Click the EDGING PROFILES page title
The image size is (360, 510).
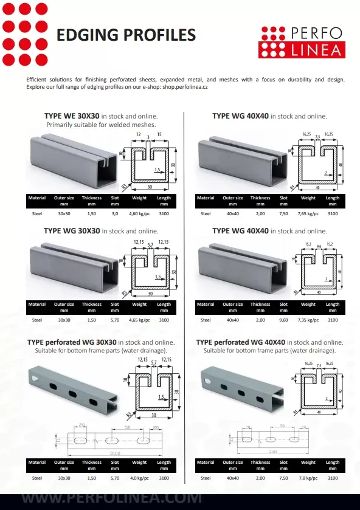point(126,35)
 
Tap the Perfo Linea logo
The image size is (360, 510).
point(300,41)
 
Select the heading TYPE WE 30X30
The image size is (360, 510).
point(72,115)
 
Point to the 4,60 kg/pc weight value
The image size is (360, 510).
point(139,214)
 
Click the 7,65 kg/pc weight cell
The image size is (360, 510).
point(308,214)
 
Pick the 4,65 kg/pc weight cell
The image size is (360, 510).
point(139,320)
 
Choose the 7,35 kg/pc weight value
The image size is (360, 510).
point(308,320)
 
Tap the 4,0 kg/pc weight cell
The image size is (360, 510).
point(139,478)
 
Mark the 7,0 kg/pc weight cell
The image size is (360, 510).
point(308,478)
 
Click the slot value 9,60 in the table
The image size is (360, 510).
point(283,320)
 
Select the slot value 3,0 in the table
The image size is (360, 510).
point(114,214)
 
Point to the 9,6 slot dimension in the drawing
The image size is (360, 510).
point(319,246)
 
